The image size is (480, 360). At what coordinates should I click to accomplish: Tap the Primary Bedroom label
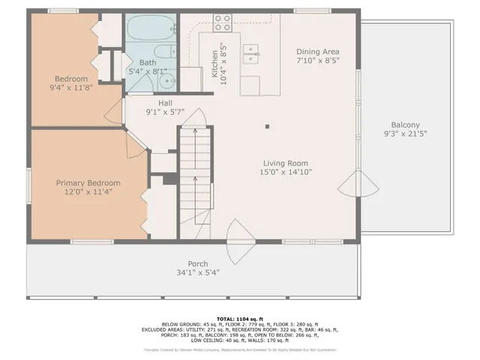pyautogui.click(x=88, y=182)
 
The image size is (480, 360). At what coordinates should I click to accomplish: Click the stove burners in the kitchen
pyautogui.click(x=223, y=23)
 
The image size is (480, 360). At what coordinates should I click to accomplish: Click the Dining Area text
pyautogui.click(x=318, y=50)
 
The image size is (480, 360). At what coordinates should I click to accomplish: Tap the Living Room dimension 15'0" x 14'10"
pyautogui.click(x=285, y=172)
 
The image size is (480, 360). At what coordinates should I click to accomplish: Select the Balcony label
pyautogui.click(x=405, y=125)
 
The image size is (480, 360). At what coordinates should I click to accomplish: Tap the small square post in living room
pyautogui.click(x=267, y=126)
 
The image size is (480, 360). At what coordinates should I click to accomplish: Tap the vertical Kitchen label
pyautogui.click(x=215, y=64)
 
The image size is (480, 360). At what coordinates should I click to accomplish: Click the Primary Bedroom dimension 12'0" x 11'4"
pyautogui.click(x=88, y=192)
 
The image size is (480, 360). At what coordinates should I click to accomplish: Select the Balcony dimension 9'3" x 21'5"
pyautogui.click(x=405, y=135)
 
